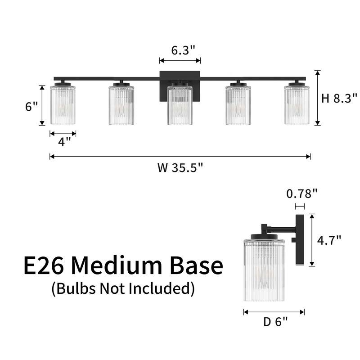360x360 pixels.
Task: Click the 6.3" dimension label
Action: click(x=183, y=50)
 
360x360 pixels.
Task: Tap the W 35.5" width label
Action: click(x=180, y=167)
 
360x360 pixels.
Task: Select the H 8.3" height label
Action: click(x=339, y=98)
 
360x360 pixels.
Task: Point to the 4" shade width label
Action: click(x=64, y=142)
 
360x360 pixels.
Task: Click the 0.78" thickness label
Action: click(x=301, y=194)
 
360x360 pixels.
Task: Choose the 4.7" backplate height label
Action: click(x=329, y=240)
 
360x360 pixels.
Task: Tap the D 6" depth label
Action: click(x=275, y=322)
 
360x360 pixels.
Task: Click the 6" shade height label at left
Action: click(x=31, y=107)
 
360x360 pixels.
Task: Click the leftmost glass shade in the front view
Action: click(x=63, y=105)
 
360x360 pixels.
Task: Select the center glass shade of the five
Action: click(x=180, y=105)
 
